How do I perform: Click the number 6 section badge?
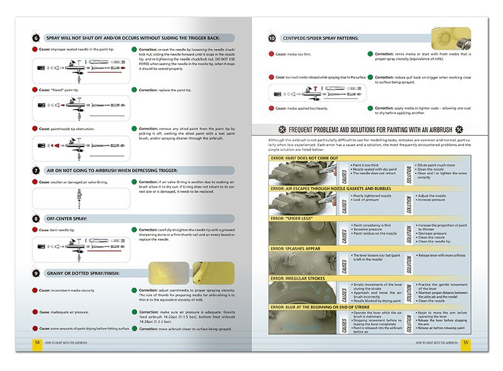pyautogui.click(x=36, y=38)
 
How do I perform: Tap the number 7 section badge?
pyautogui.click(x=36, y=170)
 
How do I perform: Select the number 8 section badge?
pyautogui.click(x=36, y=218)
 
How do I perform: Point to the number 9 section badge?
pyautogui.click(x=36, y=274)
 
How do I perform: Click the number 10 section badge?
pyautogui.click(x=272, y=39)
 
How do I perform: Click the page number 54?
pyautogui.click(x=36, y=342)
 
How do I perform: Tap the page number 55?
pyautogui.click(x=465, y=342)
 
